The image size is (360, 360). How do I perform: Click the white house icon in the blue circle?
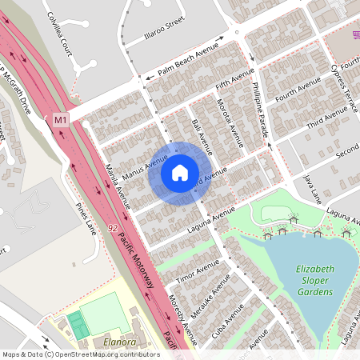click(x=179, y=172)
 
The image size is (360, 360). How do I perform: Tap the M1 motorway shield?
click(x=61, y=119)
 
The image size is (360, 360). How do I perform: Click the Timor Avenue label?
click(x=198, y=270)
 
